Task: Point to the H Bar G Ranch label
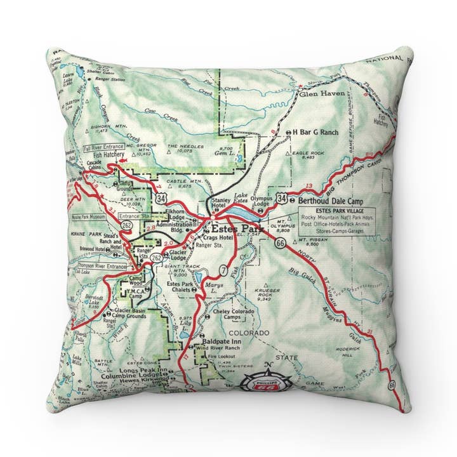pos(316,133)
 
